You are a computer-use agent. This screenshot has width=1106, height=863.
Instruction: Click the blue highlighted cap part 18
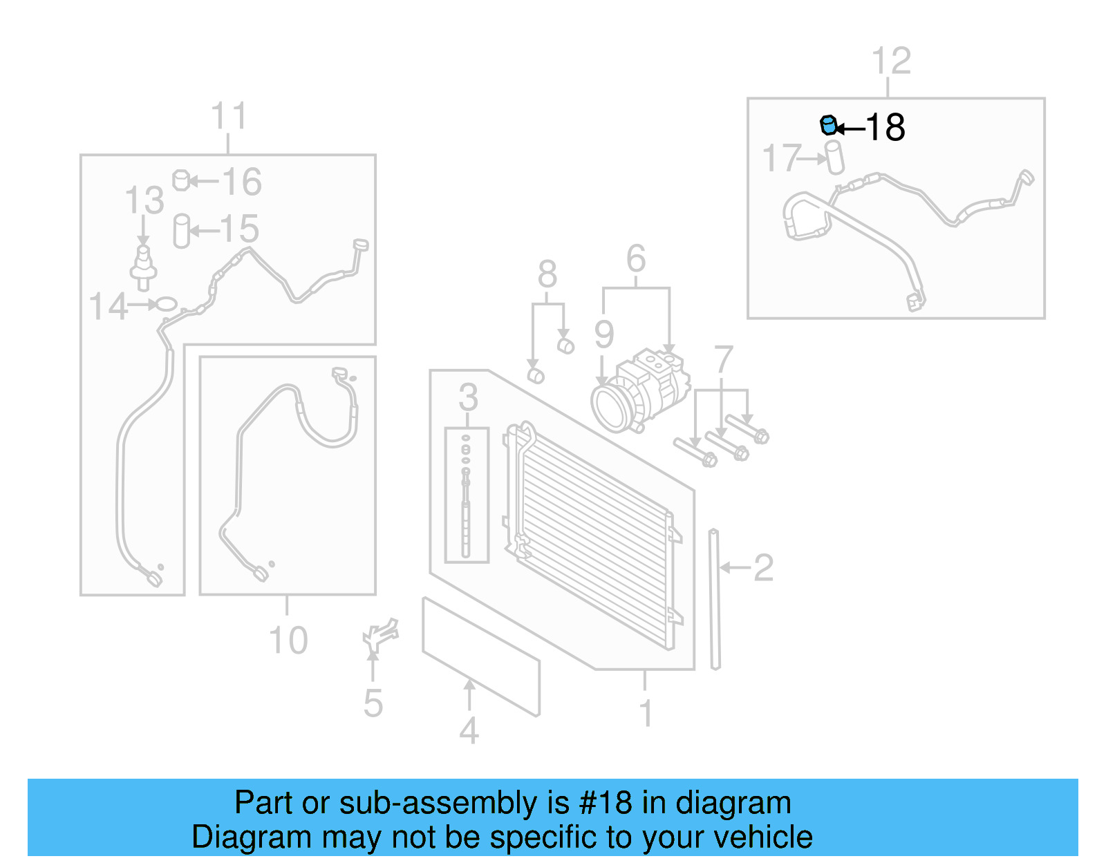[x=828, y=126]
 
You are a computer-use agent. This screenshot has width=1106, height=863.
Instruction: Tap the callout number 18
[x=885, y=128]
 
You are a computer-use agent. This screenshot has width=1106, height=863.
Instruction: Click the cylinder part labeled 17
[x=836, y=157]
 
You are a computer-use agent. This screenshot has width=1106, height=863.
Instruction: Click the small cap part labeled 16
[x=181, y=180]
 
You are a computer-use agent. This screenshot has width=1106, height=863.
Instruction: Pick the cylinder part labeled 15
[x=181, y=231]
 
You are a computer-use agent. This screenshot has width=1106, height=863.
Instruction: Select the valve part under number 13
[x=144, y=266]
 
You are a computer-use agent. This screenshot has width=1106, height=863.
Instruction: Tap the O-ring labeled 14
[x=167, y=303]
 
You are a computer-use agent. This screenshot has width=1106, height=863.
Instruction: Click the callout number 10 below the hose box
[x=288, y=641]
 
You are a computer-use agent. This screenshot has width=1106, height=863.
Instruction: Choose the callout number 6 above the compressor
[x=636, y=259]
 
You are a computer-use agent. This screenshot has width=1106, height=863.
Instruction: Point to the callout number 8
[x=547, y=274]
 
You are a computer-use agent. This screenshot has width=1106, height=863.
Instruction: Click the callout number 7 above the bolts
[x=723, y=360]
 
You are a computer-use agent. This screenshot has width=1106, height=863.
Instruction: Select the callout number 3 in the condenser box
[x=468, y=397]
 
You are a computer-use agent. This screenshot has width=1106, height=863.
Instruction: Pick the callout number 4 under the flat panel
[x=469, y=731]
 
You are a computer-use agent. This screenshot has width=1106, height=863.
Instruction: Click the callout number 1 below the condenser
[x=646, y=713]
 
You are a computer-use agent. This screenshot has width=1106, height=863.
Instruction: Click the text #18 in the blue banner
[x=606, y=803]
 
